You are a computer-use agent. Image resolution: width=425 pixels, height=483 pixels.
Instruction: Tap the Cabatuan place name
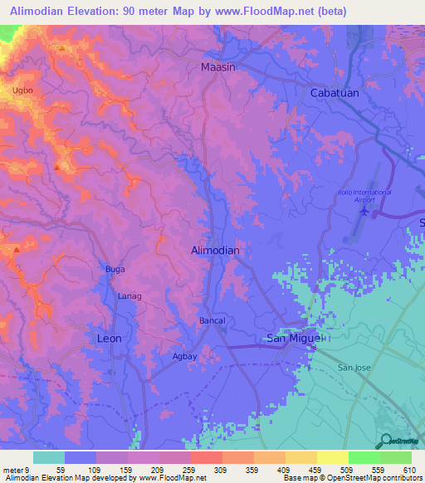[335, 93]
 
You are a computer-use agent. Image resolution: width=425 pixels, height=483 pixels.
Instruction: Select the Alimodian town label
[215, 250]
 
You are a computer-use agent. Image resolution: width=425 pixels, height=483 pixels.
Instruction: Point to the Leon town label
[110, 339]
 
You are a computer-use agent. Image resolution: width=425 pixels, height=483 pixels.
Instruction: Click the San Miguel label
[292, 338]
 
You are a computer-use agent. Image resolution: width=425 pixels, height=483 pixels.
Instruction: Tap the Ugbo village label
[23, 88]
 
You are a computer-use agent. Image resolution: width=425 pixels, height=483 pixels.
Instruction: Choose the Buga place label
[114, 269]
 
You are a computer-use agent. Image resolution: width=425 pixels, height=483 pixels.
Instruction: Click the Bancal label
[212, 320]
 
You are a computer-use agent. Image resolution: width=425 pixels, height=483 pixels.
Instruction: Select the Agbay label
[184, 356]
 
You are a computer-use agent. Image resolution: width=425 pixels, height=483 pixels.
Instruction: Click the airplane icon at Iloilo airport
[364, 212]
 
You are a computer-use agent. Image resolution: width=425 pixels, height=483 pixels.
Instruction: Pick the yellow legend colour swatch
[332, 457]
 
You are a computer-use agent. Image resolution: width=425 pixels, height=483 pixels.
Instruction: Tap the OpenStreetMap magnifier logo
[385, 442]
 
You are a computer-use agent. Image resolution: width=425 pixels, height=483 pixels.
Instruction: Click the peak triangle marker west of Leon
[15, 248]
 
